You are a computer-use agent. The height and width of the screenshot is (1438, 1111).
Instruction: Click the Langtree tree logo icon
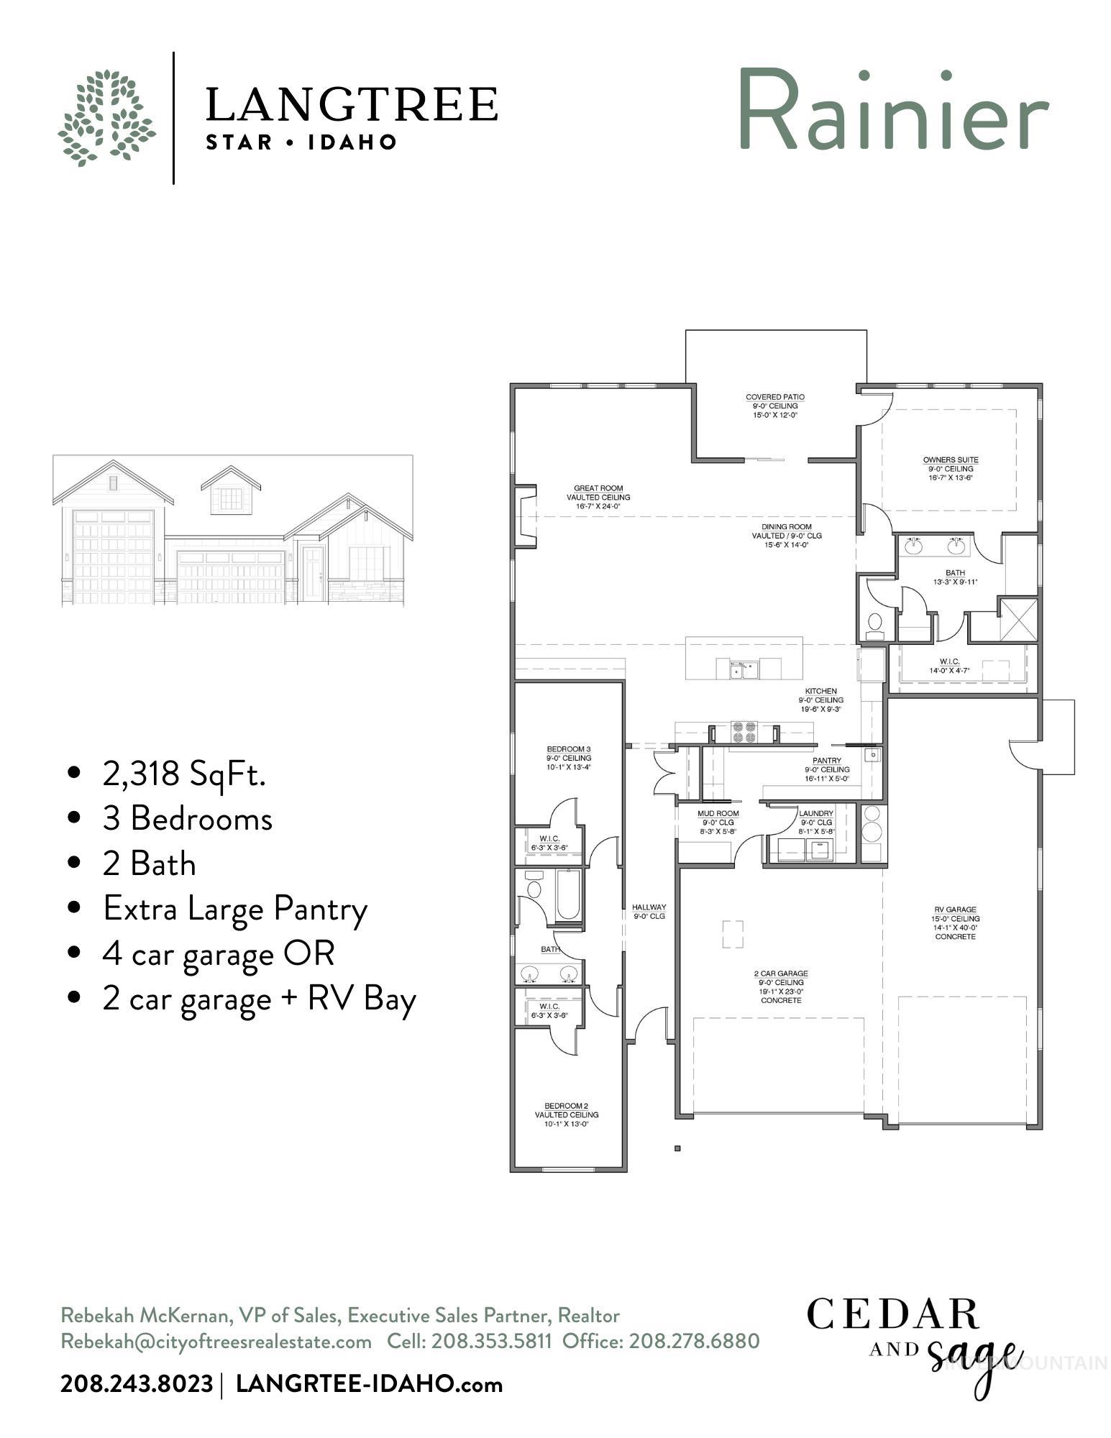pyautogui.click(x=106, y=118)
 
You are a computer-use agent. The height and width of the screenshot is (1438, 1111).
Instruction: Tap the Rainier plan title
pyautogui.click(x=892, y=110)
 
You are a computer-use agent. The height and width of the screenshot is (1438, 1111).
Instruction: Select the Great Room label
pyautogui.click(x=598, y=497)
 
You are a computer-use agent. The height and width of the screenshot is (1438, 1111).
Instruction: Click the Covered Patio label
pyautogui.click(x=774, y=406)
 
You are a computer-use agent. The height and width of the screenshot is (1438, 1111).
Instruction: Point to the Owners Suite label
pyautogui.click(x=950, y=468)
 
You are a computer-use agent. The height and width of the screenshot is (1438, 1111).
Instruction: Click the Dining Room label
pyautogui.click(x=786, y=536)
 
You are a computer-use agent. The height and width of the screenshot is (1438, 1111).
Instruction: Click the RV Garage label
pyautogui.click(x=955, y=922)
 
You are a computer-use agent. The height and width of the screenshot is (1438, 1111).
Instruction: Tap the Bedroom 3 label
pyautogui.click(x=568, y=757)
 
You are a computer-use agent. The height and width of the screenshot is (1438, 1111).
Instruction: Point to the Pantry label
pyautogui.click(x=826, y=769)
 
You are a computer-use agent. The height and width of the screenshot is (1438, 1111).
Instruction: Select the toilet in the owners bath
pyautogui.click(x=875, y=625)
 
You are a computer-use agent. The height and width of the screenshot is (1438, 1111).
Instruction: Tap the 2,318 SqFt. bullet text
pyautogui.click(x=184, y=774)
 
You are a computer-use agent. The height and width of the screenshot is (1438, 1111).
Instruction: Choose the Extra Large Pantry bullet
pyautogui.click(x=234, y=908)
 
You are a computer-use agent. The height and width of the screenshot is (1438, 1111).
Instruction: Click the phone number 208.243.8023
pyautogui.click(x=137, y=1383)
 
